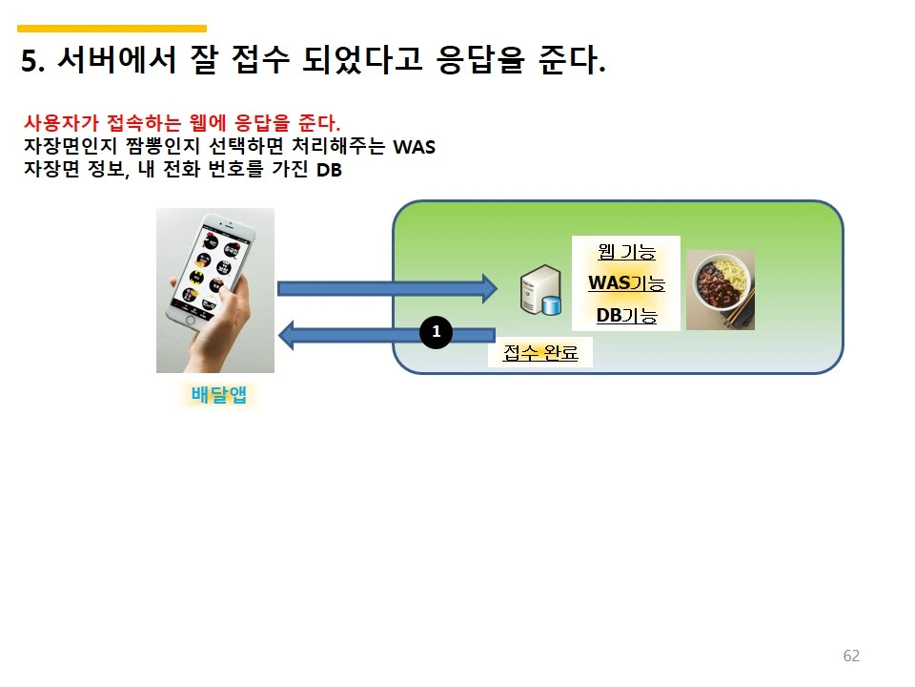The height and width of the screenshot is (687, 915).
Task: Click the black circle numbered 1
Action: (436, 332)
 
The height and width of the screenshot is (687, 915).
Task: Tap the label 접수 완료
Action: (540, 353)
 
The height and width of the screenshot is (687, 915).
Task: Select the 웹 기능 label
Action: (626, 252)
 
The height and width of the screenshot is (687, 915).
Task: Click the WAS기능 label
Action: (626, 283)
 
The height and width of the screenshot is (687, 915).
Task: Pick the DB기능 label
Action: (626, 315)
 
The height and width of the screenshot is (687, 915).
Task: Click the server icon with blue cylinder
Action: (539, 292)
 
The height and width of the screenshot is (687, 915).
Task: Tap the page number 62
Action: (851, 656)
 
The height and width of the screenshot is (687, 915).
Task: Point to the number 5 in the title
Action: (29, 63)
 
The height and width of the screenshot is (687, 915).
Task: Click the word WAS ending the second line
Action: (415, 148)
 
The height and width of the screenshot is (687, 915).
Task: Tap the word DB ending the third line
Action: (329, 171)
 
